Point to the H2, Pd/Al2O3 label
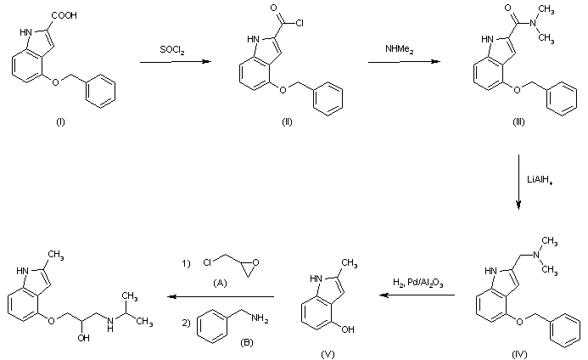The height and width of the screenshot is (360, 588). [x=417, y=281]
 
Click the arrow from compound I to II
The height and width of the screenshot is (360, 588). [x=171, y=61]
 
